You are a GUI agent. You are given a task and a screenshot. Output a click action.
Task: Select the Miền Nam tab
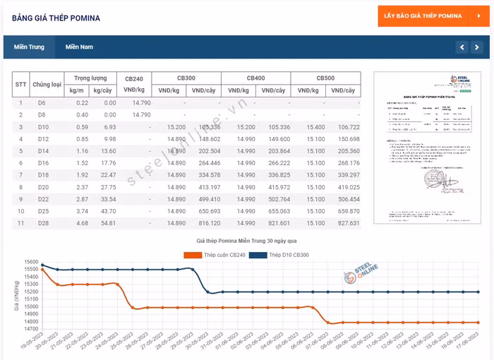tap(79, 47)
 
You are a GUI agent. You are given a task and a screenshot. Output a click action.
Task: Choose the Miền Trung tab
tap(29, 47)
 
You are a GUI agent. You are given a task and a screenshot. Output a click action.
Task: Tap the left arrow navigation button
tap(462, 47)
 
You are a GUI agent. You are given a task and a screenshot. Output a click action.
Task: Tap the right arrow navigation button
tap(478, 47)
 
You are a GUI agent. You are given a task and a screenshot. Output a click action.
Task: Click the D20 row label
tap(42, 187)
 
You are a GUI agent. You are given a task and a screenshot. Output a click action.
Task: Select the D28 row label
tap(42, 223)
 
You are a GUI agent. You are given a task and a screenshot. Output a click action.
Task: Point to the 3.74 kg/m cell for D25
tap(82, 211)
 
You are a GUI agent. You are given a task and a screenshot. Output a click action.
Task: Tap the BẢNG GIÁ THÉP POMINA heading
tap(56, 18)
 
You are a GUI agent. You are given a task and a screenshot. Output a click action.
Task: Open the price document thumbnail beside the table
tap(427, 147)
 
